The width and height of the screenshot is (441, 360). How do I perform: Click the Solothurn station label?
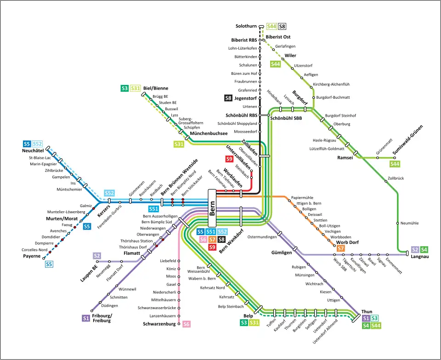[246, 26]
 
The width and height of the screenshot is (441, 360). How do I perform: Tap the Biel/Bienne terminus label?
[156, 88]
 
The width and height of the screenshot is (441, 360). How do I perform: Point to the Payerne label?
[32, 256]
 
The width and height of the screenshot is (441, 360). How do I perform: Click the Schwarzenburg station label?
[159, 324]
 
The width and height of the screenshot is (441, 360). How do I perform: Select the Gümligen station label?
[282, 253]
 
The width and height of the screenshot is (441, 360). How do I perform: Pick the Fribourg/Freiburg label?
[102, 318]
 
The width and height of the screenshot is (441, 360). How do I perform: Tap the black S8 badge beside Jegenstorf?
[228, 98]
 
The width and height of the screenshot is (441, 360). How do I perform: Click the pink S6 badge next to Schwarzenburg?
[187, 324]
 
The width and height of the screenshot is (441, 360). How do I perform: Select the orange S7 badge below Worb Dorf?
[340, 248]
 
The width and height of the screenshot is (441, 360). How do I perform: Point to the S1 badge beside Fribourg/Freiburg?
[85, 317]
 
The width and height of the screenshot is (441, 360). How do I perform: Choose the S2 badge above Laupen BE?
[97, 255]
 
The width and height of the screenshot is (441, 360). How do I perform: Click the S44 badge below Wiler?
[275, 64]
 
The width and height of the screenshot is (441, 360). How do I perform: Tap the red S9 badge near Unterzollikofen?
[229, 159]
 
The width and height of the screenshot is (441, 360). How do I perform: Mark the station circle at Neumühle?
[397, 223]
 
